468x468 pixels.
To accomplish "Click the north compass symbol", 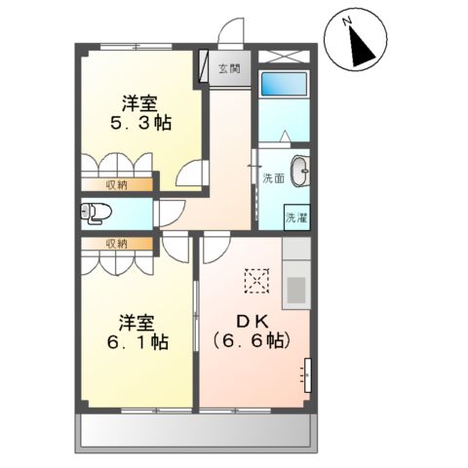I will (x=358, y=43).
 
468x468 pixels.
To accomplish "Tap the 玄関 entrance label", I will (x=230, y=69).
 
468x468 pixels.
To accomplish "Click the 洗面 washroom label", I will (x=273, y=178).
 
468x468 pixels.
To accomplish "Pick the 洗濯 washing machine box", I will (x=294, y=218).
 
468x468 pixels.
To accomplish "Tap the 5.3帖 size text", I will (x=141, y=124).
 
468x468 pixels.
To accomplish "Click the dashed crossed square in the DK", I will (x=255, y=282).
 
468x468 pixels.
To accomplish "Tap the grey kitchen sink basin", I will (x=295, y=290).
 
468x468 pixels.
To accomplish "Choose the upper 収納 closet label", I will (x=117, y=184).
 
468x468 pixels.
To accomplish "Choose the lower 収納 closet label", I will (x=117, y=243).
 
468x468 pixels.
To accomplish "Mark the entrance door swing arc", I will (x=232, y=33).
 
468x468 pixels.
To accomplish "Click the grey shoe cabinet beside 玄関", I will (x=206, y=68).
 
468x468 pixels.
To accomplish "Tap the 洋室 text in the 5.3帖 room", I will (x=139, y=101).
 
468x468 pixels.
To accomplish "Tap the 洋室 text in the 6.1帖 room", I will (x=138, y=321).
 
